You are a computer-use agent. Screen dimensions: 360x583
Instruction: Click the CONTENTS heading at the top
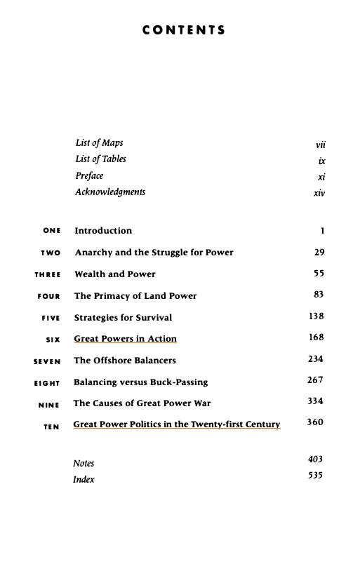coord(184,30)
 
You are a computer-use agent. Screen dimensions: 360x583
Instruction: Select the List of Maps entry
coord(99,143)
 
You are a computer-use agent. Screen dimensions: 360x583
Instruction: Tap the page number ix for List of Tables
coord(321,161)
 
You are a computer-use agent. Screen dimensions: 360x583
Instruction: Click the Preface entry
coord(89,175)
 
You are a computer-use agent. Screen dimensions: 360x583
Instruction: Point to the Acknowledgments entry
coord(110,192)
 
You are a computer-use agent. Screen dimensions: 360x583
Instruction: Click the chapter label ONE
coord(52,231)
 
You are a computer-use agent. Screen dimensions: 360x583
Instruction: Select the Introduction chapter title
coord(103,231)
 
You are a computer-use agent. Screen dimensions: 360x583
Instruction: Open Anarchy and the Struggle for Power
coord(154,253)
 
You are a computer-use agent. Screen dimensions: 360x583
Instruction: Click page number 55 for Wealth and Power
coord(319,273)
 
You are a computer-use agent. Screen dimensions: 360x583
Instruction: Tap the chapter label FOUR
coord(49,297)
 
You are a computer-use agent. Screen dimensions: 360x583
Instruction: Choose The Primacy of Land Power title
coord(135,296)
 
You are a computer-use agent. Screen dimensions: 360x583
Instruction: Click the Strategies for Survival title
coord(123,318)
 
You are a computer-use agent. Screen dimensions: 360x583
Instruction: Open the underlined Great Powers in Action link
coord(125,339)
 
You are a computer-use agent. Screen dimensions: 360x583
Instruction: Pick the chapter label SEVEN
coord(47,362)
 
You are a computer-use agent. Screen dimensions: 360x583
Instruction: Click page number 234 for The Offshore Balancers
coord(315,359)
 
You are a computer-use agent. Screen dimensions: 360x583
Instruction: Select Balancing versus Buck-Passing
coord(140,382)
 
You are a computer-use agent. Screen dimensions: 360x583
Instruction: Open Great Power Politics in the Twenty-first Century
coord(176,424)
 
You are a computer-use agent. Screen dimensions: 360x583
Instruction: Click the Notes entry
coord(84,464)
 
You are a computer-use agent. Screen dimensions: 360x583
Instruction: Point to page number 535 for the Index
coord(315,475)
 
